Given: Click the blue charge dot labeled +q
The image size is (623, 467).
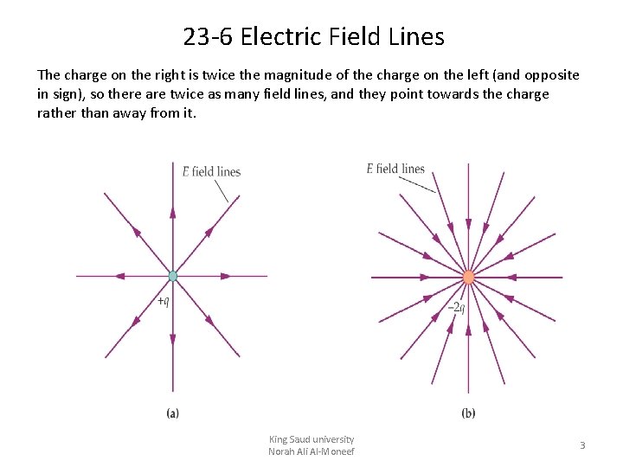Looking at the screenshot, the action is click(x=172, y=276).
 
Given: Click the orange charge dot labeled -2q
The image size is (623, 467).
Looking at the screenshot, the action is click(x=468, y=278).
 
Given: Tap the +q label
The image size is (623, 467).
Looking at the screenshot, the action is click(x=163, y=301).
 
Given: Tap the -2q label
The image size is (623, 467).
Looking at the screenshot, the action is click(x=456, y=307).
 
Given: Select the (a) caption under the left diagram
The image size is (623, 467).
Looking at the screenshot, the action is click(x=173, y=413).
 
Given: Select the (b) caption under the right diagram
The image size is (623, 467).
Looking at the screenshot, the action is click(x=468, y=413).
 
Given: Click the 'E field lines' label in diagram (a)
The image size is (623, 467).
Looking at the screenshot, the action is click(x=211, y=171).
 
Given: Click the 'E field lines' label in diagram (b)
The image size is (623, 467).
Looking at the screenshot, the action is click(x=395, y=169).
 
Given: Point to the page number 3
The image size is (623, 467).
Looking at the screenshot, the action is click(x=582, y=445).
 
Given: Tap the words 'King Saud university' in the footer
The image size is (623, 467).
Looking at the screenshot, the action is click(x=311, y=439).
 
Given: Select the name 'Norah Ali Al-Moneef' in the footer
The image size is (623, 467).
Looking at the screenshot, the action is click(x=311, y=451).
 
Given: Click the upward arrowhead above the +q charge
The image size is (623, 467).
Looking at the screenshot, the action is click(x=172, y=212).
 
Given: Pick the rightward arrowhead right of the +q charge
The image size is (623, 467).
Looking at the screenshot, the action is click(x=226, y=276).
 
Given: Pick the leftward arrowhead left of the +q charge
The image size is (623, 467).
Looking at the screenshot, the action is click(x=119, y=276).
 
